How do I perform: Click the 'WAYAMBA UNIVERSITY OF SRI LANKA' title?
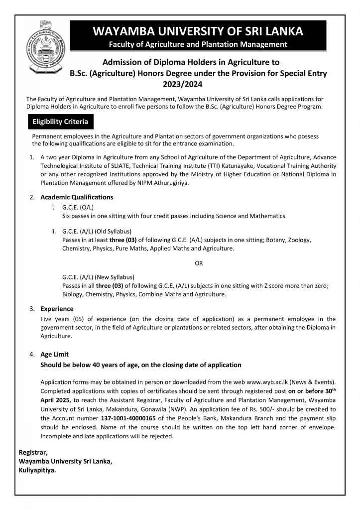tap(198, 31)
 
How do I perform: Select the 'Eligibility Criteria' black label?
tap(60, 122)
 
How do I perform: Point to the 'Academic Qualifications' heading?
tap(77, 197)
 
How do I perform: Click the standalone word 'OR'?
tap(199, 262)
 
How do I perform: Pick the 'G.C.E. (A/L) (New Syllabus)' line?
tap(98, 276)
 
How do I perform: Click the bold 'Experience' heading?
tap(57, 309)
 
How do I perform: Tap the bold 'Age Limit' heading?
tap(54, 354)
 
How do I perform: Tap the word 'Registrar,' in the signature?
tap(33, 452)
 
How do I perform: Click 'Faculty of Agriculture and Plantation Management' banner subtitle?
tap(198, 45)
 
